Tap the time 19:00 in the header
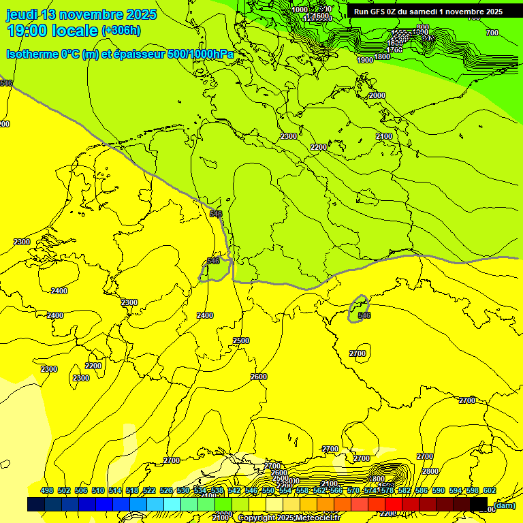[29, 31]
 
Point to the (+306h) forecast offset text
[121, 31]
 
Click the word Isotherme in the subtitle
[31, 54]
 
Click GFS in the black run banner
[379, 12]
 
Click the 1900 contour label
[365, 60]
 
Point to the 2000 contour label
[377, 96]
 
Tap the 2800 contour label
[430, 471]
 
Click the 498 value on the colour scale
[47, 490]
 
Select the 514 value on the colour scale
[115, 490]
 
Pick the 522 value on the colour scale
[149, 490]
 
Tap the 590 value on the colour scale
[438, 490]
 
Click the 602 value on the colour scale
[489, 490]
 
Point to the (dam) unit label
[505, 505]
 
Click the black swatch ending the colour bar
[478, 504]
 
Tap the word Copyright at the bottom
[257, 518]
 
